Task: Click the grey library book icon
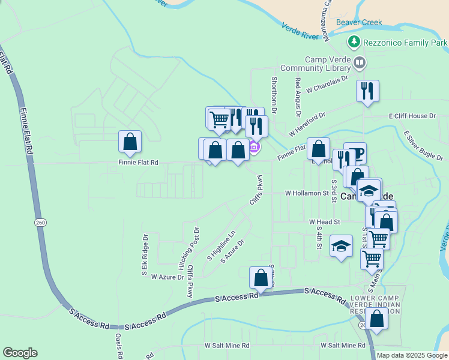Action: coord(360,62)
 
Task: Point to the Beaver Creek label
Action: coord(359,23)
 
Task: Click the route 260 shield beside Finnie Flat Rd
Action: coord(40,222)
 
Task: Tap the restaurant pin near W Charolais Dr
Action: coord(367,91)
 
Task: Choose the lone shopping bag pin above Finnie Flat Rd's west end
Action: coord(130,142)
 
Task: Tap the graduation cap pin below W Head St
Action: coord(341,246)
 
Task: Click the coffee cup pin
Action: coord(356,153)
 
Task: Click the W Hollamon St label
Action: coord(307,194)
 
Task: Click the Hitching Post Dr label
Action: coord(180,247)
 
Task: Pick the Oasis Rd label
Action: coord(119,346)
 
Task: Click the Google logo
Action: coord(20,353)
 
